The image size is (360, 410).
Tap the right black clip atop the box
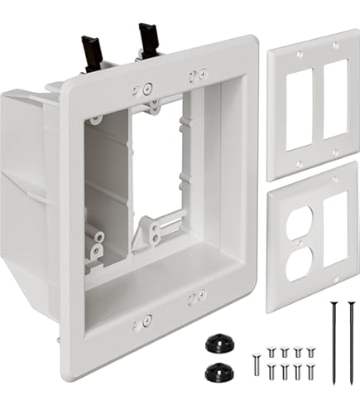pos(148,37)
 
